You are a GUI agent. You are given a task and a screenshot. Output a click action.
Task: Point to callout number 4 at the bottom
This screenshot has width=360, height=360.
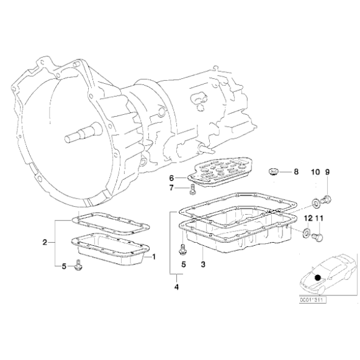point(177,287)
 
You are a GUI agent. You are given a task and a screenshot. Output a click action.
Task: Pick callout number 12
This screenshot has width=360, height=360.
point(308,218)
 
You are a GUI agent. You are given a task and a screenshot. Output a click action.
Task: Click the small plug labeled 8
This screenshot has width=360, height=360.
point(273,171)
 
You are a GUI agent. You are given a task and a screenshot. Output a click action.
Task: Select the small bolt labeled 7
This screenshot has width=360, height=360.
point(192,189)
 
